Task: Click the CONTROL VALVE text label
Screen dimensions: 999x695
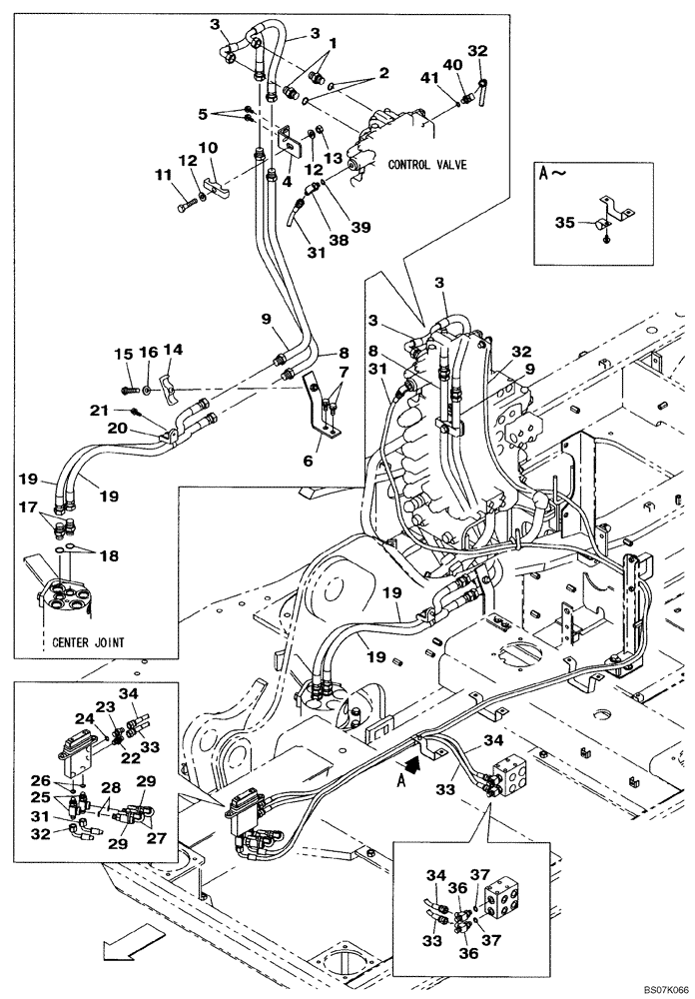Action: pyautogui.click(x=427, y=164)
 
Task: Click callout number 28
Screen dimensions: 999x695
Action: pyautogui.click(x=112, y=789)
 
